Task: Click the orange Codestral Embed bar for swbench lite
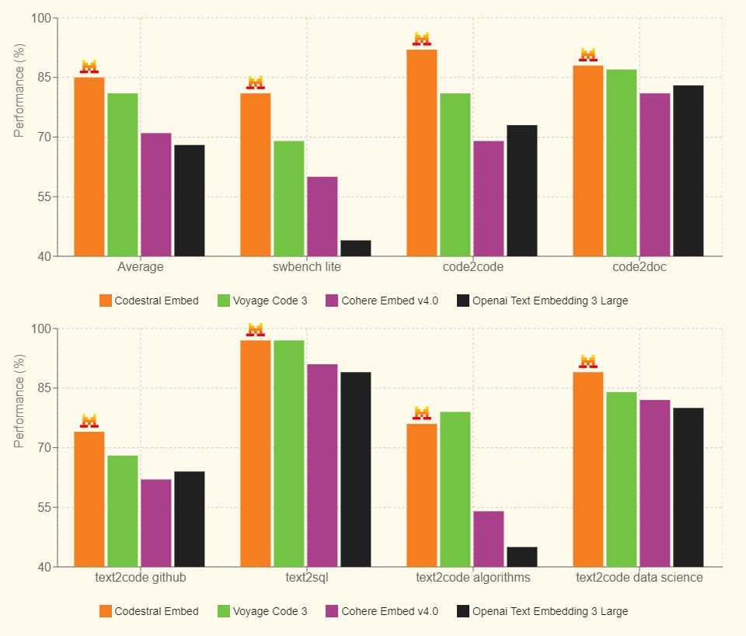pos(256,175)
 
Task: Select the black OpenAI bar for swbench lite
pos(355,248)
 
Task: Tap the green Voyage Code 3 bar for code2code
pos(455,175)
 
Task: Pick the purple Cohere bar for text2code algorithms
pos(488,539)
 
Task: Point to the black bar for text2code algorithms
pos(521,557)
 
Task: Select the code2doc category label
pos(639,267)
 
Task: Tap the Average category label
pos(141,267)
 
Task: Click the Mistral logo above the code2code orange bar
pos(422,39)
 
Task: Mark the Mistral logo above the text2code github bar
pos(89,421)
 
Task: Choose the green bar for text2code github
pos(123,511)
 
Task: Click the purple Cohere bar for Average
pos(155,194)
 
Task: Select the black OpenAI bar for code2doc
pos(688,171)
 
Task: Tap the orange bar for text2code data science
pos(588,469)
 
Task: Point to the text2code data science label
pos(639,578)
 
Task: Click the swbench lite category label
pos(307,267)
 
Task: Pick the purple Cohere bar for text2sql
pos(322,465)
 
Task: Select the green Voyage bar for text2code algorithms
pos(455,489)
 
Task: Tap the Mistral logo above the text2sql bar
pos(256,330)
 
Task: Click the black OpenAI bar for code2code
pos(521,190)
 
